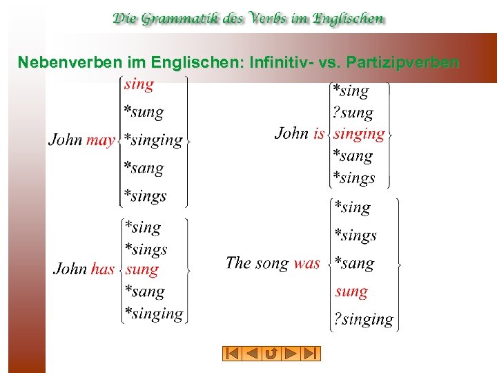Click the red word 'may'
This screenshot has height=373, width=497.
pos(101,140)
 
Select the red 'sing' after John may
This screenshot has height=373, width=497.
pos(139,85)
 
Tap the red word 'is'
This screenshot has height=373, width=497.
pos(318,133)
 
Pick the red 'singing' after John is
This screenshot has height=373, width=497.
pos(359,134)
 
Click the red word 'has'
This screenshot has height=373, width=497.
pos(102,269)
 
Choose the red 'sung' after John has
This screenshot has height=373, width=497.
pos(142,269)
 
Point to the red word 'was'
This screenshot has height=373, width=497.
pos(306,262)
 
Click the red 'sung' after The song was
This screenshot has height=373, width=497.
pos(351,291)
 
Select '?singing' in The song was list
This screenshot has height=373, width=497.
pos(363,320)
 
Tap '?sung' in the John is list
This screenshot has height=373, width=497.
pos(353,113)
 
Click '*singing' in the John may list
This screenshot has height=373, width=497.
pos(153,140)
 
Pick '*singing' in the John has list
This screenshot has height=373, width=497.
pos(153,314)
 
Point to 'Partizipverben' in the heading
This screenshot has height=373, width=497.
pos(402,63)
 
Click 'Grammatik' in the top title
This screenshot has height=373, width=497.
pos(182,19)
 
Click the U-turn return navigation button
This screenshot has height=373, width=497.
pos(271,354)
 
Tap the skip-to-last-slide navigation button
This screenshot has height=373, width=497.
pos(312,354)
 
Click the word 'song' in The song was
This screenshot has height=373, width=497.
pos(272,263)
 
